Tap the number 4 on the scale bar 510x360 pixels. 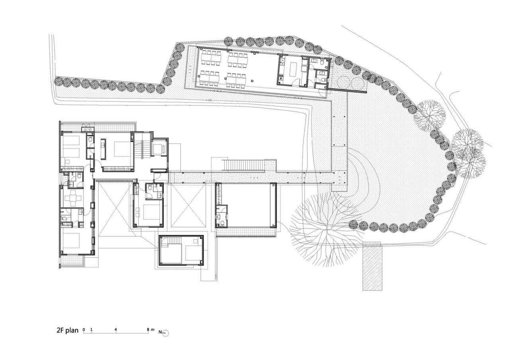(116, 329)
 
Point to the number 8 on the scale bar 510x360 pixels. (148, 329)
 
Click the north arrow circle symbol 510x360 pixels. (166, 333)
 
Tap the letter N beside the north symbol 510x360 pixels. (160, 332)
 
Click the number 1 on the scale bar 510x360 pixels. (92, 329)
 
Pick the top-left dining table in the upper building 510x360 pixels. (210, 56)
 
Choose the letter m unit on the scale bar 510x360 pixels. (153, 329)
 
